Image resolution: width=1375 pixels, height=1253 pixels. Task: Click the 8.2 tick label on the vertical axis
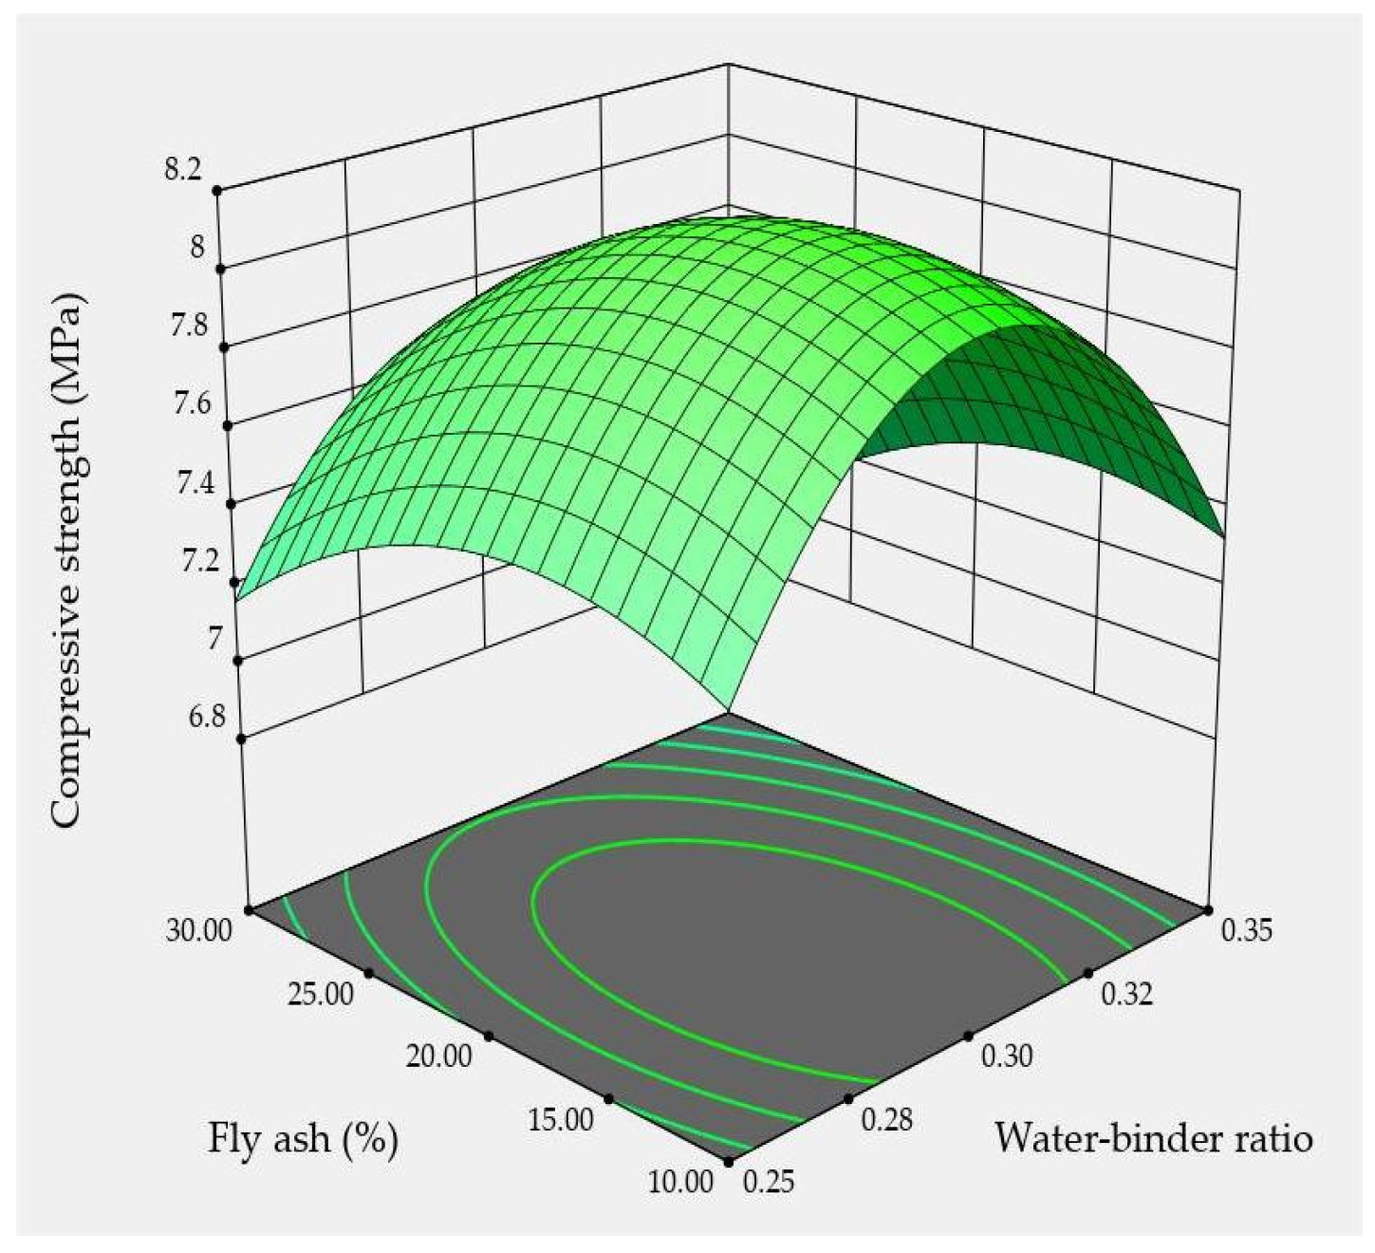point(183,171)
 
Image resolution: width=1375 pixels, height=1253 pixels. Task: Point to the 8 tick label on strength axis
point(196,249)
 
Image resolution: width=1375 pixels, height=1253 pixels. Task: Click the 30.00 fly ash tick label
point(198,930)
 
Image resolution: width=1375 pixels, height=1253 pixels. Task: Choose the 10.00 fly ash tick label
point(679,1183)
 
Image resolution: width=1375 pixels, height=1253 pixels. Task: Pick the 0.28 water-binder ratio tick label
point(887,1120)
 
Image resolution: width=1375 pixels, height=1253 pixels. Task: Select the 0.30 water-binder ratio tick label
point(1006,1057)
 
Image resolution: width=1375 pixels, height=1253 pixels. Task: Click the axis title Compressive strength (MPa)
point(66,560)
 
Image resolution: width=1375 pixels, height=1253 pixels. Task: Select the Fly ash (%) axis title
point(303,1139)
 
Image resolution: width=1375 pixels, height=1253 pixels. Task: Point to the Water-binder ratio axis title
point(1153,1137)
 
